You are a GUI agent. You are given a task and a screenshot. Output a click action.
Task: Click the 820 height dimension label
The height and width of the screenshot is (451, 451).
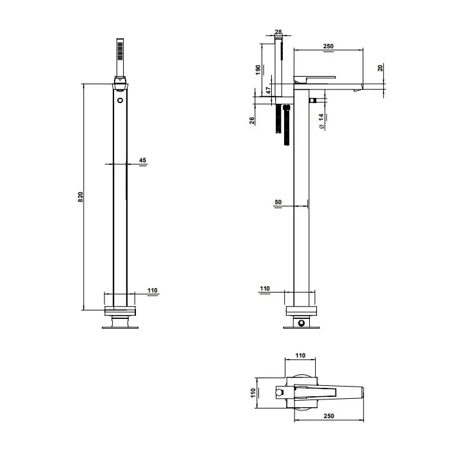[x=81, y=197]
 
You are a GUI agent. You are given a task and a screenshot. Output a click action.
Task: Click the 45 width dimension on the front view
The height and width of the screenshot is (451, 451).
[x=142, y=160]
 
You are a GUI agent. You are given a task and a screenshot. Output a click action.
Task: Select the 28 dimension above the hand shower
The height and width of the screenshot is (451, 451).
[x=278, y=32]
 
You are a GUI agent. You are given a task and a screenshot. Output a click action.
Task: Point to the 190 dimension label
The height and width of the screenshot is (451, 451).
[x=258, y=70]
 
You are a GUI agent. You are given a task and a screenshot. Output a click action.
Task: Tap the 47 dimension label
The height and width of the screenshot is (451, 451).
[x=268, y=90]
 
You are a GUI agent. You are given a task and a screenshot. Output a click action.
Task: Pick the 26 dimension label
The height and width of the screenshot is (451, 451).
[x=252, y=120]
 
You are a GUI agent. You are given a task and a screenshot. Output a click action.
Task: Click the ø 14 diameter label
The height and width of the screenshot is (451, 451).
[x=321, y=121]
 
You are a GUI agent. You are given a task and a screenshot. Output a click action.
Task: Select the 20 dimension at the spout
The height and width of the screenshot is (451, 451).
[x=381, y=68]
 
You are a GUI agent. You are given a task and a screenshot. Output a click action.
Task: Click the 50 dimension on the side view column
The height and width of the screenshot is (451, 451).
[x=278, y=202]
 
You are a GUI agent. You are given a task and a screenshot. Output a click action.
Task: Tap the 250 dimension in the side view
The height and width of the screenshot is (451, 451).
[x=328, y=46]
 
